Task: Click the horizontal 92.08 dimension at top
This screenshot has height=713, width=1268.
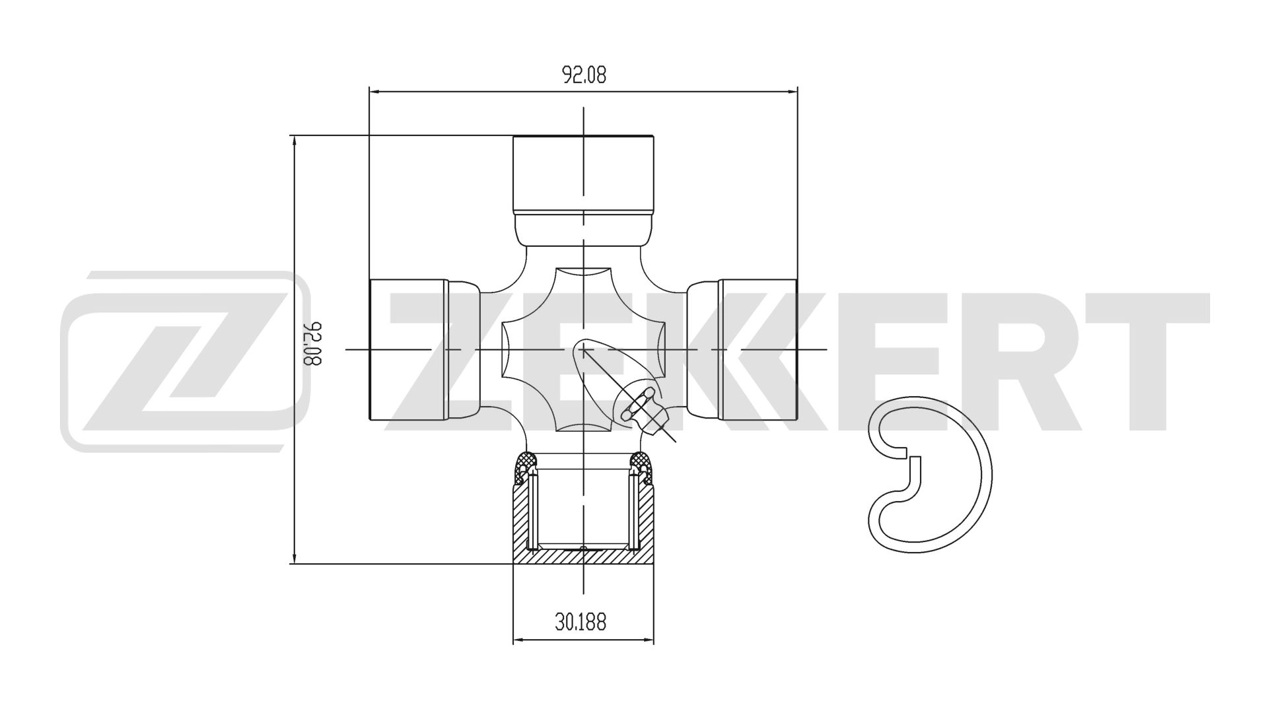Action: [584, 75]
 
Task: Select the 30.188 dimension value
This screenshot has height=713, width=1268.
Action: [581, 621]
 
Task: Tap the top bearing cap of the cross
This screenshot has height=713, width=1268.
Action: [584, 174]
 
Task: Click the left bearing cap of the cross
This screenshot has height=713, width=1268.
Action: [408, 349]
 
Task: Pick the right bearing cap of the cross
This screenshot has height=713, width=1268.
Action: [758, 349]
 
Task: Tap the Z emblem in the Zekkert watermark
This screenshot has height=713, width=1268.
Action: [185, 361]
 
